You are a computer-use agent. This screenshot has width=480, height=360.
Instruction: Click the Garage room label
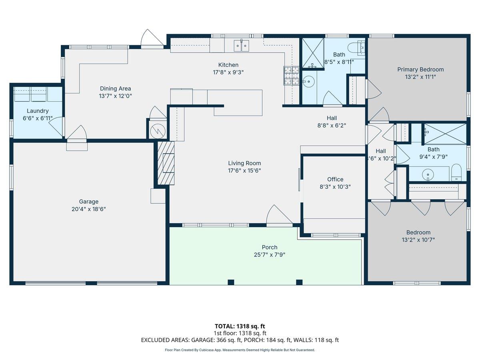tap(88, 201)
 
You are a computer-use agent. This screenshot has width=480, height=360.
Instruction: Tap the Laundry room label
tap(38, 111)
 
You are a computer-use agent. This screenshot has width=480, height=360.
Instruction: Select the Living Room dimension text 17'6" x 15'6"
tap(244, 170)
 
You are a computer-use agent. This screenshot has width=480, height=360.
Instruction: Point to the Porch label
tap(270, 247)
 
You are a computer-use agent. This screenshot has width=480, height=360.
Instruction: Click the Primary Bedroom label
tap(420, 70)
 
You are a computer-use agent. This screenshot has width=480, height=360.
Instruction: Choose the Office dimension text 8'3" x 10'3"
tap(335, 187)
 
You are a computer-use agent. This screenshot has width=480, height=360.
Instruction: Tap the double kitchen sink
tap(242, 46)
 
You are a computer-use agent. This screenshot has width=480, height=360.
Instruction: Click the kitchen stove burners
tap(291, 76)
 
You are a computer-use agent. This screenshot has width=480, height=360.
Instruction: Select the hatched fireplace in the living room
tap(166, 163)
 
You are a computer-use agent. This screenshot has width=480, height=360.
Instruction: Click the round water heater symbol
tap(158, 131)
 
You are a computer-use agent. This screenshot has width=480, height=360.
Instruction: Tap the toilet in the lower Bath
tap(456, 172)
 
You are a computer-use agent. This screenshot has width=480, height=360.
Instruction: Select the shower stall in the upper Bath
tap(313, 53)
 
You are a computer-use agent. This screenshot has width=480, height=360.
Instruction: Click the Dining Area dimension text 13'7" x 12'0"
tap(115, 96)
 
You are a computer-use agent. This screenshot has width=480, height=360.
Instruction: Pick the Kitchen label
tap(228, 65)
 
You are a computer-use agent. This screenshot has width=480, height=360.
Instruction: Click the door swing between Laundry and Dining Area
tap(56, 127)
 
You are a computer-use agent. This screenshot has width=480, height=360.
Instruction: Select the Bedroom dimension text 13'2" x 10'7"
tap(418, 240)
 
